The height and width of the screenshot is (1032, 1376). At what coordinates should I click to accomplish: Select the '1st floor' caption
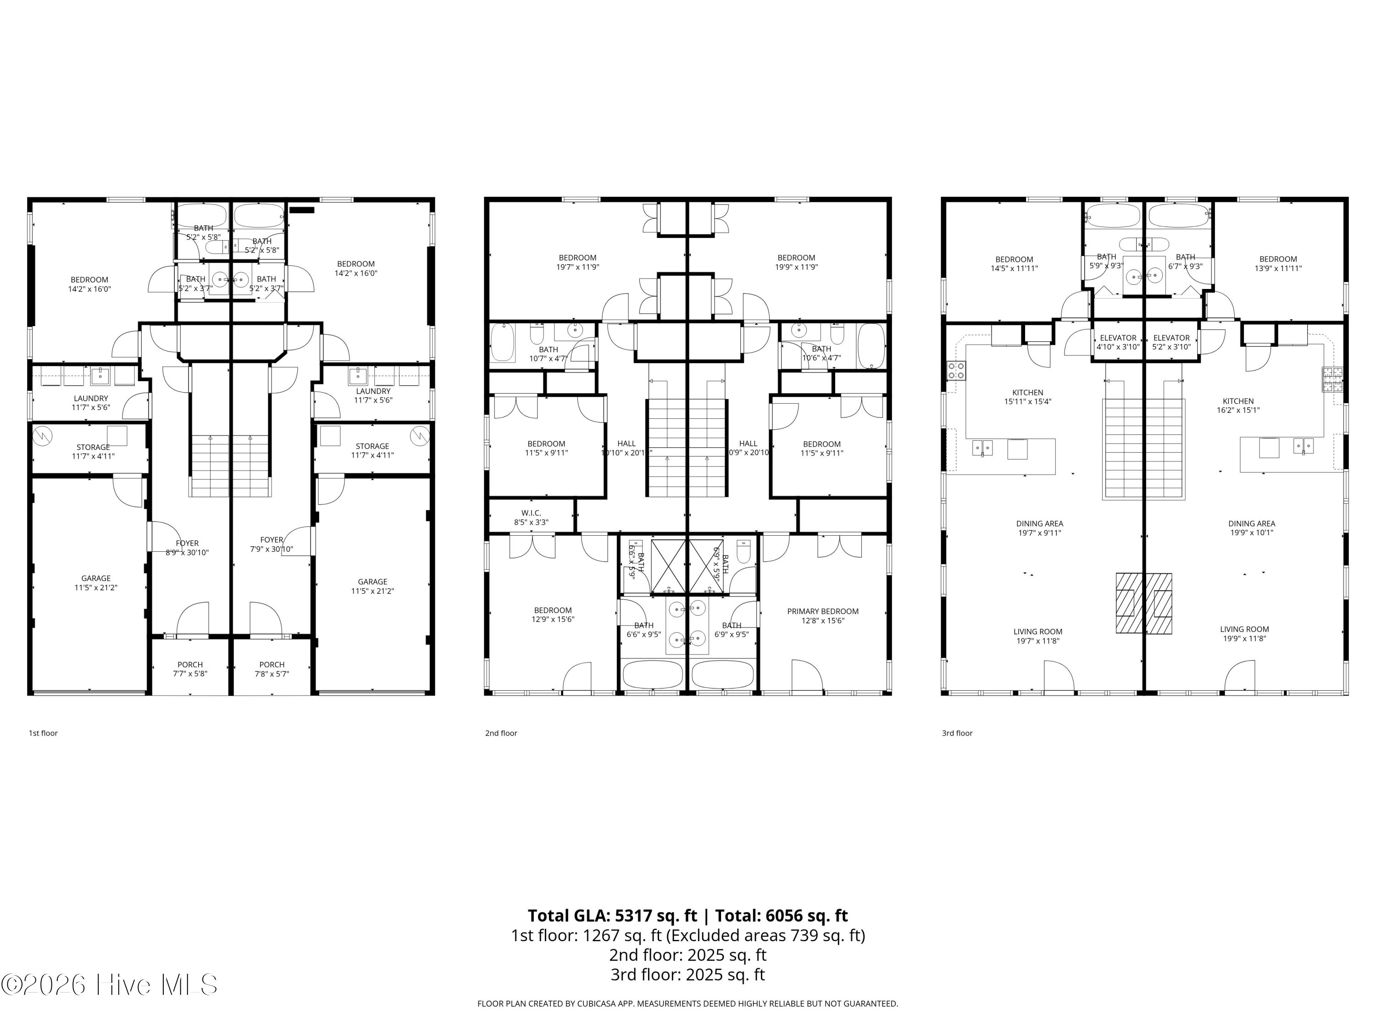[43, 733]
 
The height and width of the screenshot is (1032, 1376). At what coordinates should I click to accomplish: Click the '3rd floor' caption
[957, 733]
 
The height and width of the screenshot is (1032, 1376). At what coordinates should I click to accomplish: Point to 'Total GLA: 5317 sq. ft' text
[612, 915]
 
